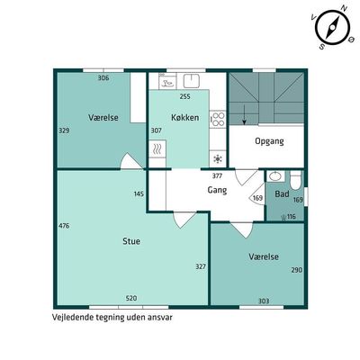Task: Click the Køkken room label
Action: pyautogui.click(x=184, y=117)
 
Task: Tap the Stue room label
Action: pyautogui.click(x=131, y=241)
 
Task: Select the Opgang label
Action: pyautogui.click(x=269, y=141)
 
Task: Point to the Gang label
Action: pyautogui.click(x=217, y=190)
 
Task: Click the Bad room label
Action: pyautogui.click(x=282, y=194)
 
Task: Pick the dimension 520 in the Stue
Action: pyautogui.click(x=131, y=298)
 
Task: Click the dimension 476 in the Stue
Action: pyautogui.click(x=64, y=226)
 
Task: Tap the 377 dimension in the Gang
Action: pyautogui.click(x=217, y=175)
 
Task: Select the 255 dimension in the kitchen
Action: pyautogui.click(x=185, y=96)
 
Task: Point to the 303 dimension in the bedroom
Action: pyautogui.click(x=264, y=301)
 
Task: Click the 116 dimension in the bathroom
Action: pyautogui.click(x=292, y=216)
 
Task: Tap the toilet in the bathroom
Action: pyautogui.click(x=296, y=180)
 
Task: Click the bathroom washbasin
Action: pyautogui.click(x=275, y=176)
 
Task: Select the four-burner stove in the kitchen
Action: pyautogui.click(x=218, y=120)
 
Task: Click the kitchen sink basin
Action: pyautogui.click(x=192, y=81)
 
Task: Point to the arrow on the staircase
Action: pyautogui.click(x=244, y=115)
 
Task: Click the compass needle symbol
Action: pyautogui.click(x=333, y=27)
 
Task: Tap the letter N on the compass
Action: pyautogui.click(x=345, y=9)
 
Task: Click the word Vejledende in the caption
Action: pyautogui.click(x=71, y=318)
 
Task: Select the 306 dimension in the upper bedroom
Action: pyautogui.click(x=103, y=78)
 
